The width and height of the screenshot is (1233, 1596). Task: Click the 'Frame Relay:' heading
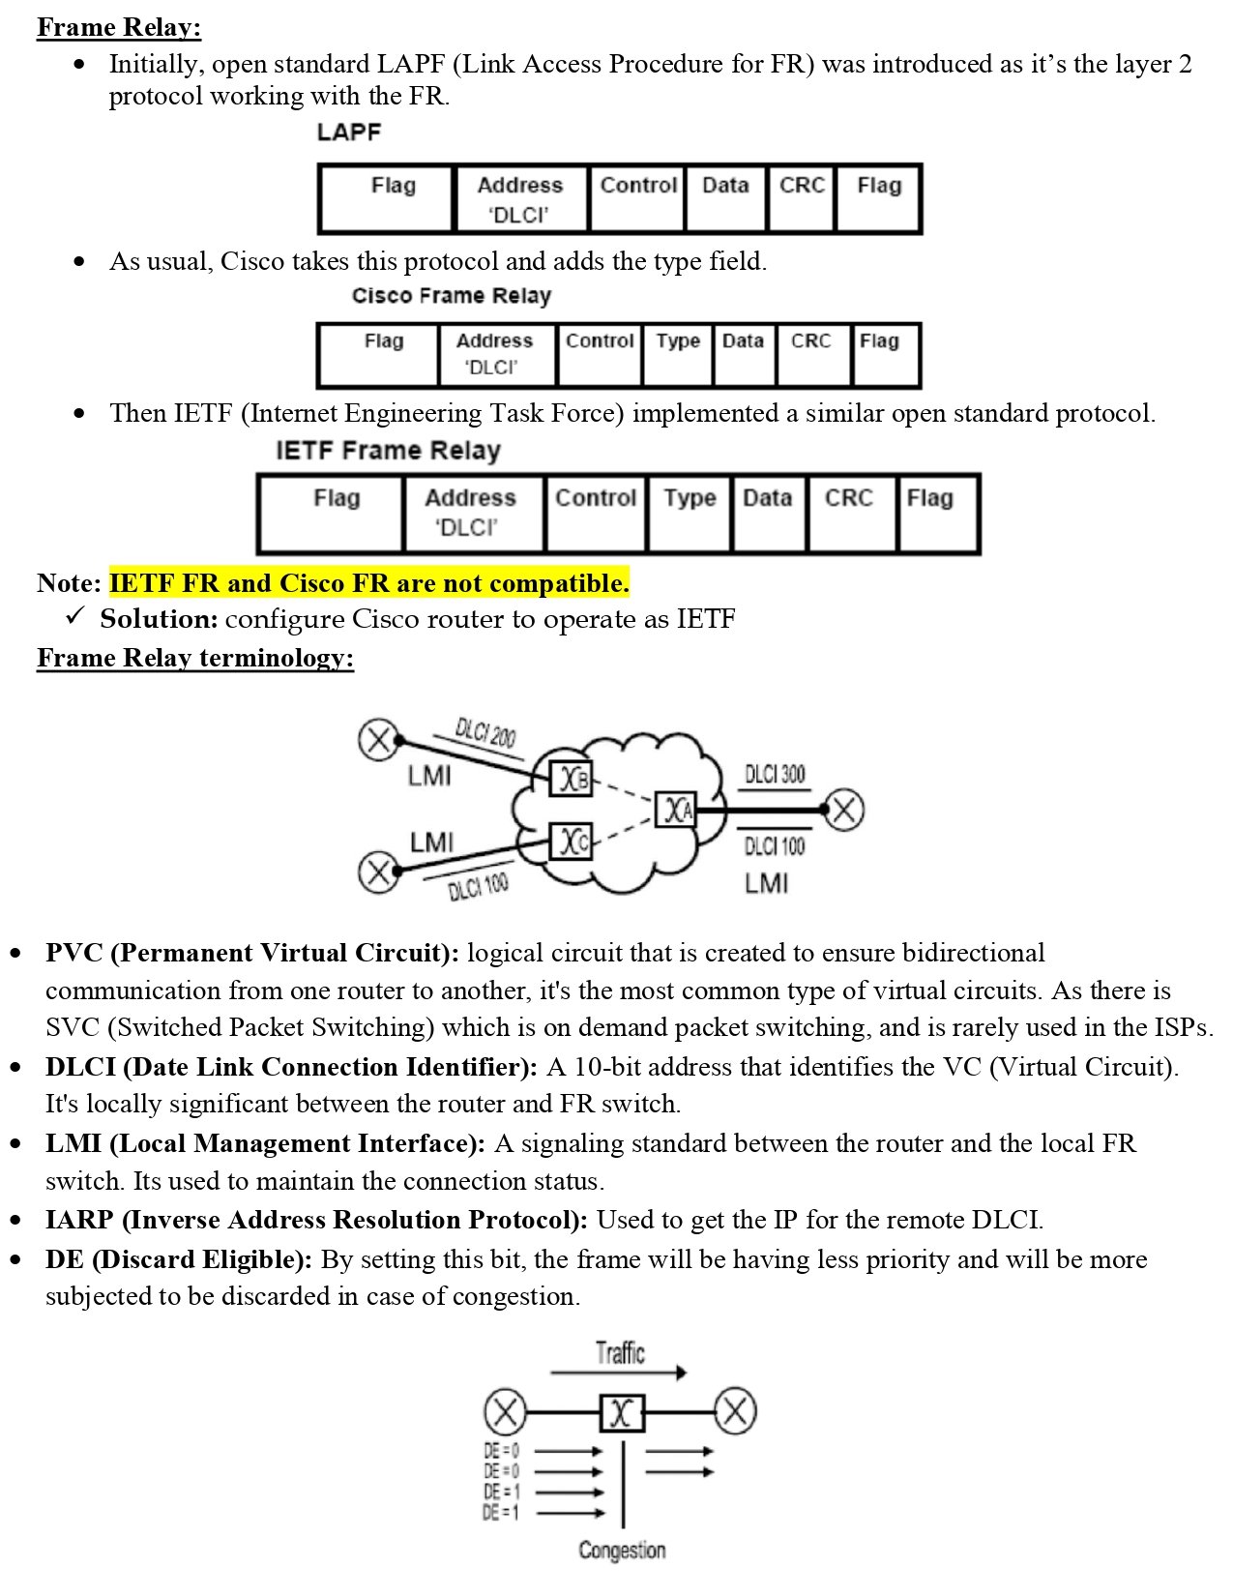(118, 26)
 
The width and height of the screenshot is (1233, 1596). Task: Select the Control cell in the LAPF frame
(637, 197)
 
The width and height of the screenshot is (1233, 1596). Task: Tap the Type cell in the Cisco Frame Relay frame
(677, 354)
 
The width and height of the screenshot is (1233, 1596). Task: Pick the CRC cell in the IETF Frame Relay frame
(849, 513)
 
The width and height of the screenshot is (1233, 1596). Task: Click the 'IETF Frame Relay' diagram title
(388, 451)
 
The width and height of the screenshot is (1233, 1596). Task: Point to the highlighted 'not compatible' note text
(368, 583)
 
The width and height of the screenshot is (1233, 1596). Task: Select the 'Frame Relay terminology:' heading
(194, 658)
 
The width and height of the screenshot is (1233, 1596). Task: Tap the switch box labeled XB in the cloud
(571, 778)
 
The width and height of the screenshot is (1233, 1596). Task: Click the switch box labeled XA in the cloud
(675, 809)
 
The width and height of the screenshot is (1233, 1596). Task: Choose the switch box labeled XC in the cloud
(571, 842)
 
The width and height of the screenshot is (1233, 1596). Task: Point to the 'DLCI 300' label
(775, 774)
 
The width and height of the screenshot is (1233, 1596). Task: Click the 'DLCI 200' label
(485, 733)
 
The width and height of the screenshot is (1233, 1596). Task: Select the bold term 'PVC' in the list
(73, 953)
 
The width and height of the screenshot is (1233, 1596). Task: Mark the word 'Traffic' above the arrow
(620, 1352)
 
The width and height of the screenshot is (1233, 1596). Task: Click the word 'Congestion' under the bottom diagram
(622, 1550)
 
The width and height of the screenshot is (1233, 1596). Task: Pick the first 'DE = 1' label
(501, 1492)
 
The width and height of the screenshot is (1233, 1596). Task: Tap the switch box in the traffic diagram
(621, 1413)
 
